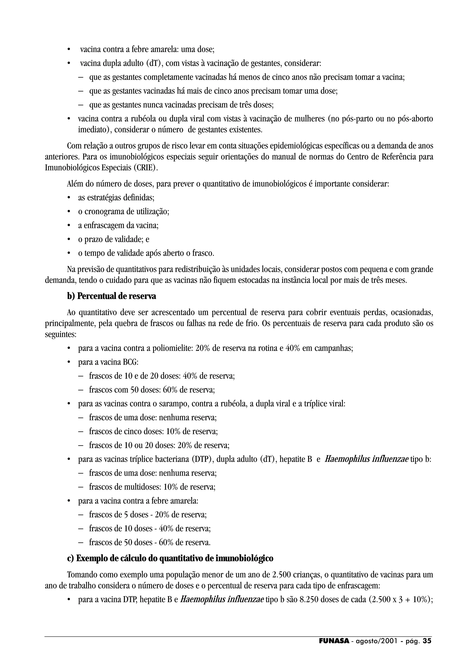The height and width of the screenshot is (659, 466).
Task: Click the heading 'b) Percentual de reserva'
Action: tap(111, 296)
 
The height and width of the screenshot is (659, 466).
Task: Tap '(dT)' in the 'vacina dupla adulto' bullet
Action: tap(155, 63)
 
